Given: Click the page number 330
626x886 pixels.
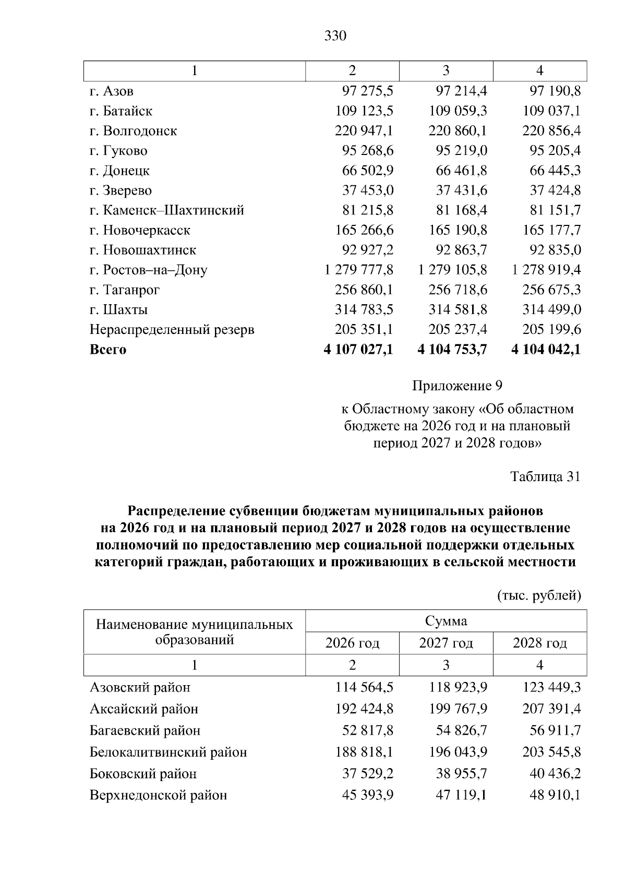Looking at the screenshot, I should point(335,35).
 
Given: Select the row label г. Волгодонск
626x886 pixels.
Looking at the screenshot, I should point(133,131).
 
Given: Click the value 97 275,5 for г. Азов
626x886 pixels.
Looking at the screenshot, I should point(367,91).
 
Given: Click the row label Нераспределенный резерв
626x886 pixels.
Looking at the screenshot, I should point(172,330).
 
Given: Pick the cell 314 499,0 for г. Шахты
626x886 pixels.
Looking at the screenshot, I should point(551,309).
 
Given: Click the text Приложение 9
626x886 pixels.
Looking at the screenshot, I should point(457,386).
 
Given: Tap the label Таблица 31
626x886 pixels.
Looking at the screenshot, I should point(545,477).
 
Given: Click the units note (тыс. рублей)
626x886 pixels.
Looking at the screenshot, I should point(539,596).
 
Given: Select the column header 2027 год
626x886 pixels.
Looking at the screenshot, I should point(446,643).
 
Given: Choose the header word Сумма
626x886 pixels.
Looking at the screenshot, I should point(446,621).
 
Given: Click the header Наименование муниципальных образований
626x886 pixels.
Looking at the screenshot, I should point(195,632).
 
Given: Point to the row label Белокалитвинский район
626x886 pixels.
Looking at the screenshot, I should point(168,752).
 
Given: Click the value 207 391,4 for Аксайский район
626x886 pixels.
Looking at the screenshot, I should point(551,709).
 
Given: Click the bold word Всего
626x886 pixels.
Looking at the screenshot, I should point(108,350).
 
